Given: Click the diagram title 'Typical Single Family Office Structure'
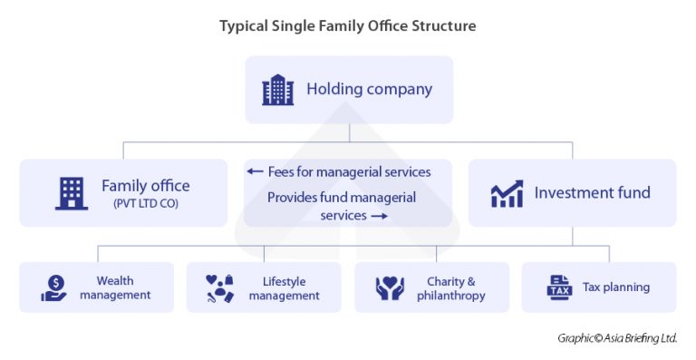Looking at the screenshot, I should coord(347,25).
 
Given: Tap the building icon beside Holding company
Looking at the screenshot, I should coord(278,90).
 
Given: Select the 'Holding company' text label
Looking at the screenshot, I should coord(369,90).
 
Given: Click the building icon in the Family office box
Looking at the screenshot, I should coord(72,192).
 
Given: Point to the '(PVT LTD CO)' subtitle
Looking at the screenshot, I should coord(146,204).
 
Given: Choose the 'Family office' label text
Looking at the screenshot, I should coord(146,186).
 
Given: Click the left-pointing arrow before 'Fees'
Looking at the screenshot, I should coord(255,171).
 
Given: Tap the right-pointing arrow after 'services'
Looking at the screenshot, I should coord(379,216).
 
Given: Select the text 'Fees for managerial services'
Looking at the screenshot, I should coord(349,171).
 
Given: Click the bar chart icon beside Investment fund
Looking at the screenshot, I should coord(507,193).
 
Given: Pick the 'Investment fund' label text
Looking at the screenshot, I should coord(592,192).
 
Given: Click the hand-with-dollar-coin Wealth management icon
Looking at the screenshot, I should coord(53,288).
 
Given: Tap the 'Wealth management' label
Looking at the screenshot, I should coord(114,288).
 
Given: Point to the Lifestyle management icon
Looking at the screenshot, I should coord(220,288).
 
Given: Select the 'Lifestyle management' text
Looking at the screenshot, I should coord(284,288).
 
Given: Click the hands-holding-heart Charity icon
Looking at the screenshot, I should coord(389,288).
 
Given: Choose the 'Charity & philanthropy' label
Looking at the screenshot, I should coord(450,288).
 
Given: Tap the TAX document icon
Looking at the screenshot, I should coord(559,287).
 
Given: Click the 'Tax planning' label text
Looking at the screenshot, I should coord(616,287).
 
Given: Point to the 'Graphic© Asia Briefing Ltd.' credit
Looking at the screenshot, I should coord(617,338).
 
